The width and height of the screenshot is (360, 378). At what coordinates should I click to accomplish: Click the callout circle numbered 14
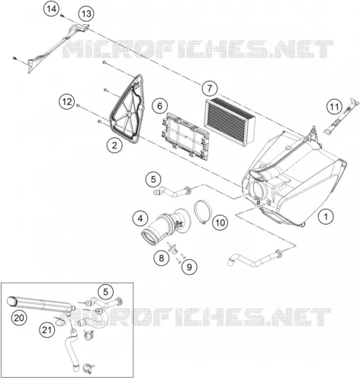click(51, 9)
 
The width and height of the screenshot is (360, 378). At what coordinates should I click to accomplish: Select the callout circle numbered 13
click(86, 14)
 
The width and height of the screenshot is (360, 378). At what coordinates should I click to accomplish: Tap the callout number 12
click(67, 102)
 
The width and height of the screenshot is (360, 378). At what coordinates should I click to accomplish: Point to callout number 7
click(210, 88)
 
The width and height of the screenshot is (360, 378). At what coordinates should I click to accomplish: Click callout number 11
click(335, 107)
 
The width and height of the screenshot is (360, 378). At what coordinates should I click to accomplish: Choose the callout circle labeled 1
click(326, 216)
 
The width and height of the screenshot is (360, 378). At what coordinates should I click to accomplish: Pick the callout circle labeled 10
click(220, 223)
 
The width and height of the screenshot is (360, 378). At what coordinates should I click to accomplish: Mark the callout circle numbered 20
click(19, 318)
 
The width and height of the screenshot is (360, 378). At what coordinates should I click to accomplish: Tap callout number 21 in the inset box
click(47, 330)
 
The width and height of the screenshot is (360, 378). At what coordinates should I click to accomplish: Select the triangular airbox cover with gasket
click(127, 107)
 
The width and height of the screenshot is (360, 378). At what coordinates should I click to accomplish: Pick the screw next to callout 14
click(62, 16)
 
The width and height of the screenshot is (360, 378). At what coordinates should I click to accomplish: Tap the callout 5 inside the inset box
click(105, 292)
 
